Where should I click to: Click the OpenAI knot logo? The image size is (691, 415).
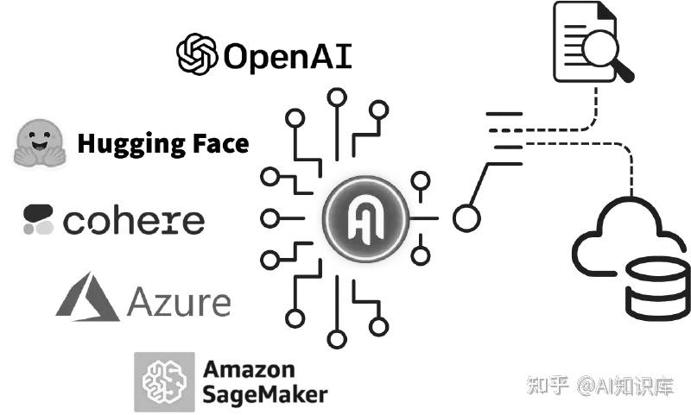coord(197,54)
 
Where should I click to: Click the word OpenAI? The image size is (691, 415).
coord(287,56)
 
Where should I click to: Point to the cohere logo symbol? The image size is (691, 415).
coord(39,220)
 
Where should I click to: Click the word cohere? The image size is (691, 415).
coord(134,221)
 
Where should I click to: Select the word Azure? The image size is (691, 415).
coord(179,302)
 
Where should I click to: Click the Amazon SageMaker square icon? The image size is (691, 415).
coord(164,380)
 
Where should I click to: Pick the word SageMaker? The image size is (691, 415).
coord(264,394)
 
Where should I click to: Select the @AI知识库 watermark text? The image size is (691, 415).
coord(627,386)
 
